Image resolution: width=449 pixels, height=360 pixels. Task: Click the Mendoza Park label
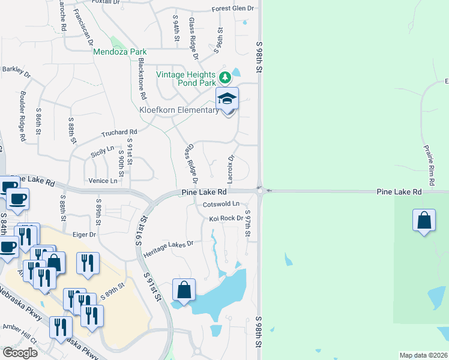click(x=120, y=52)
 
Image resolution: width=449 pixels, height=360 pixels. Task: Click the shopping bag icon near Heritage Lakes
click(x=184, y=290)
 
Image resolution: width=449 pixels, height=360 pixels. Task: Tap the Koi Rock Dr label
click(x=226, y=218)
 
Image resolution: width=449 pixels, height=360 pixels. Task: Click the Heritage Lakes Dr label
click(x=168, y=245)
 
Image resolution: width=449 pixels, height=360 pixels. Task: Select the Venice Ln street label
click(x=102, y=181)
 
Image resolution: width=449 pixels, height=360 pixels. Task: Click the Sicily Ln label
click(x=102, y=149)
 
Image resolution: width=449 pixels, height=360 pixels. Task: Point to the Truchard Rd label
click(x=119, y=133)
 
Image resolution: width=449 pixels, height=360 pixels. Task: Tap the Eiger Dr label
click(x=84, y=235)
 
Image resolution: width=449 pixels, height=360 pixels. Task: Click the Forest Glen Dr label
click(x=233, y=10)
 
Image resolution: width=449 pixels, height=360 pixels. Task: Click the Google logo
click(x=20, y=352)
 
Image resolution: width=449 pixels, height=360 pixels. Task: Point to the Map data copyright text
click(x=423, y=355)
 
